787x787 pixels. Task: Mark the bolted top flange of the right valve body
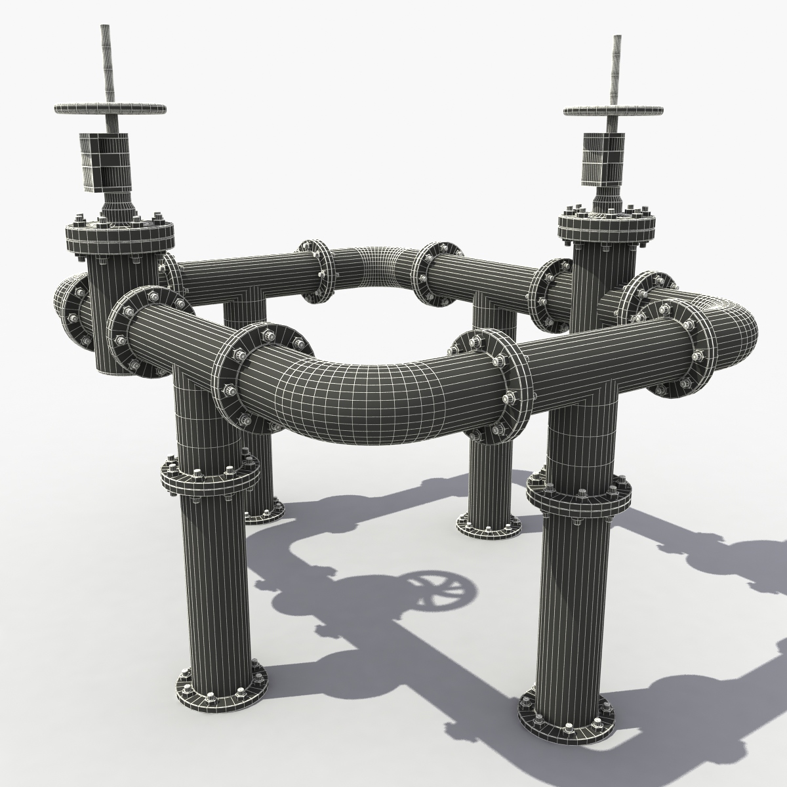point(607,226)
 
